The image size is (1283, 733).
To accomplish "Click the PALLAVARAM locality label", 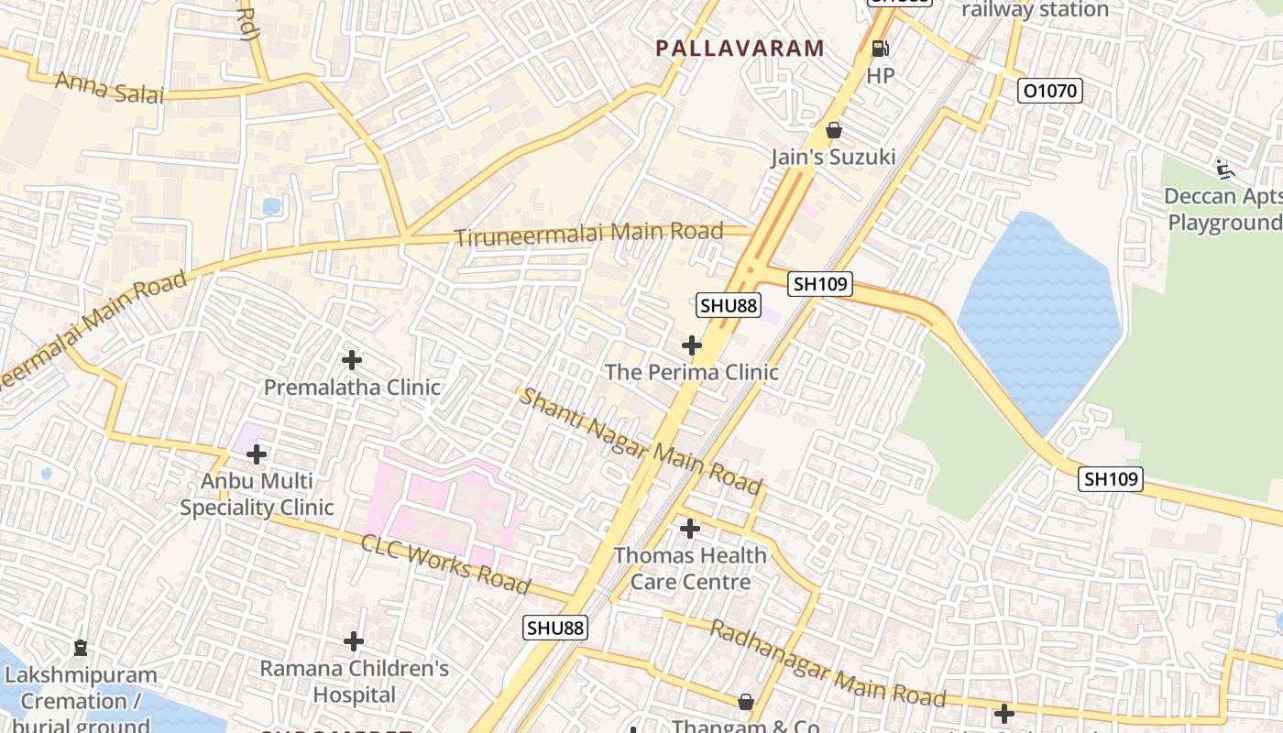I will click(740, 49).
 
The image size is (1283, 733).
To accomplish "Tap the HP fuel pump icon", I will click(880, 48).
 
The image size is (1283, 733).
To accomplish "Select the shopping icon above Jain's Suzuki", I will click(834, 130).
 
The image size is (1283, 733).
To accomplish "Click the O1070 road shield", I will click(1050, 91).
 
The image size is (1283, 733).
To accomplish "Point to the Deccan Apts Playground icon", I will click(1223, 168).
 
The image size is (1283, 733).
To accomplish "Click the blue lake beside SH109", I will click(1040, 312).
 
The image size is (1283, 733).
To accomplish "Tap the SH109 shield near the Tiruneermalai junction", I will click(820, 284).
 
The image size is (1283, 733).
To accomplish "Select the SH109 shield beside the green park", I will click(1110, 478).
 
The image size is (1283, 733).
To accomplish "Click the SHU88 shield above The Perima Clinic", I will click(729, 305).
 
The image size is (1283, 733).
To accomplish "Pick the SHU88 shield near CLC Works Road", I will click(555, 628).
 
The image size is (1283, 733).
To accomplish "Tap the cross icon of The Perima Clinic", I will click(692, 345).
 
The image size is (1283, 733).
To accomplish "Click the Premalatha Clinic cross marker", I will click(351, 360).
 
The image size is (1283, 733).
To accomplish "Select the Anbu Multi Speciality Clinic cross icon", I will click(257, 454).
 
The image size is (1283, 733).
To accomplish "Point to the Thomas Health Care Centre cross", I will click(690, 529).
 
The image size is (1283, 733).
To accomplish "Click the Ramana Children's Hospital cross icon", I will click(354, 641).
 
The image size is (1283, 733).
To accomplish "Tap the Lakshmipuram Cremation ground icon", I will click(81, 648).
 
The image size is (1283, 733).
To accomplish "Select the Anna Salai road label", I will click(109, 88).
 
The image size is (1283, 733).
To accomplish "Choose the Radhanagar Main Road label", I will click(828, 664).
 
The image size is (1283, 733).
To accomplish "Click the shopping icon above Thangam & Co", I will click(746, 702).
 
